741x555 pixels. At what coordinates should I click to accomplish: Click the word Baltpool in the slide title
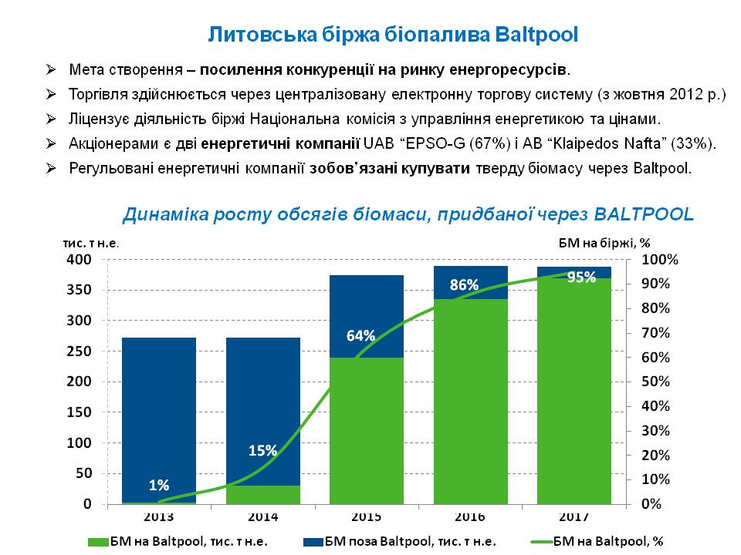(534, 35)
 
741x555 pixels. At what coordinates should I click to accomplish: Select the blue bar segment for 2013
(157, 416)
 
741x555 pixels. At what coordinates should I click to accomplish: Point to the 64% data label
(360, 335)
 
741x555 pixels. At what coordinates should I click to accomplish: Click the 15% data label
(263, 451)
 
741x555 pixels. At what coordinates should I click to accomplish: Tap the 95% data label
(581, 277)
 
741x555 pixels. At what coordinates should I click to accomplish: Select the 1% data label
(159, 485)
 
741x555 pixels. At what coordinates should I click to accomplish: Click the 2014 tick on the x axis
(263, 516)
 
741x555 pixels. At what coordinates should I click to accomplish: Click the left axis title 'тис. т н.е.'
(91, 243)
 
